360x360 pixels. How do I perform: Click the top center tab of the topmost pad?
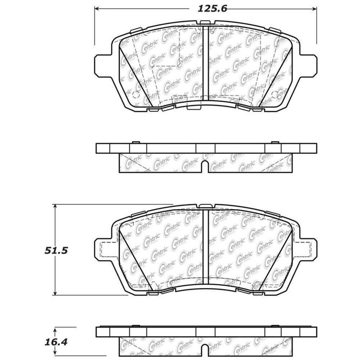pos(206,26)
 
